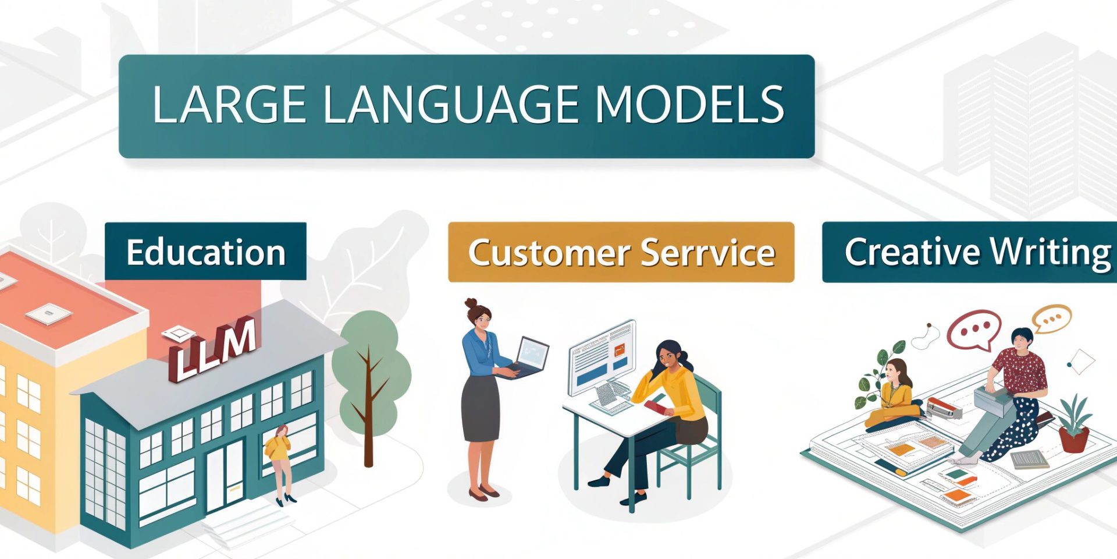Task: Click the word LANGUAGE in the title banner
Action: tap(450, 105)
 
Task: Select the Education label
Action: tap(206, 252)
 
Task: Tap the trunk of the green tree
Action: tap(368, 408)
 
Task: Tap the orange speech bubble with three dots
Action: tap(1051, 319)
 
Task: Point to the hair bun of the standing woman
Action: tap(471, 304)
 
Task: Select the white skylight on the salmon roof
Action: tap(49, 314)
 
